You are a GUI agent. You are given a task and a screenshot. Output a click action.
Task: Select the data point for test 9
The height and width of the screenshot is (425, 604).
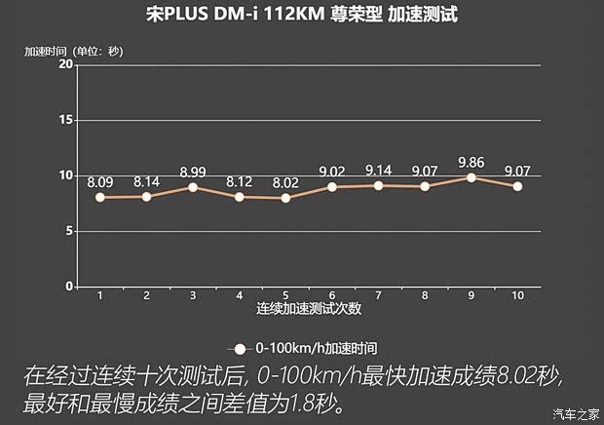[471, 177]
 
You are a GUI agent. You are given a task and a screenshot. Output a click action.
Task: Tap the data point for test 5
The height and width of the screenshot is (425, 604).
[285, 198]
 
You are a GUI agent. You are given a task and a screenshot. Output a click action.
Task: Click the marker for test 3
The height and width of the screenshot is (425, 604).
[192, 187]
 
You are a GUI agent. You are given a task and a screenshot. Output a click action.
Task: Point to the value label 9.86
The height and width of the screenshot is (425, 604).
[471, 161]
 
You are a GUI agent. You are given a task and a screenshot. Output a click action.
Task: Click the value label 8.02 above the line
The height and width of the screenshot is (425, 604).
[285, 181]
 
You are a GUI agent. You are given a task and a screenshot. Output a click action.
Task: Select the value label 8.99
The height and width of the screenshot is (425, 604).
[193, 172]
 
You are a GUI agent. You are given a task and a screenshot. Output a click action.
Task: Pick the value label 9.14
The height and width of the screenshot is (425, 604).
[378, 170]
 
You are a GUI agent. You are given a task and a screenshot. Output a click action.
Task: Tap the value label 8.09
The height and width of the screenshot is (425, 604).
[100, 181]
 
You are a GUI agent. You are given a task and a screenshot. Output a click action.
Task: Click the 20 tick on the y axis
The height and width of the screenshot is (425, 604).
[66, 63]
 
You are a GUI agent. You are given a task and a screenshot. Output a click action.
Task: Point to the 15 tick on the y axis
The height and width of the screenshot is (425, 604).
[66, 120]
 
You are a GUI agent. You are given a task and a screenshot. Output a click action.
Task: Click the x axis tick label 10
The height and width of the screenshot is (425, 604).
[517, 295]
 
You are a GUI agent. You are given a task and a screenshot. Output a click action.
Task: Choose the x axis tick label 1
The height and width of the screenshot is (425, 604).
[99, 295]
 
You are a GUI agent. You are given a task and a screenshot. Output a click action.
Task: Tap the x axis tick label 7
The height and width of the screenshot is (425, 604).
[378, 295]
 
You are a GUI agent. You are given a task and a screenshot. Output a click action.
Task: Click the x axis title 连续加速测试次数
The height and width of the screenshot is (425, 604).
[309, 309]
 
